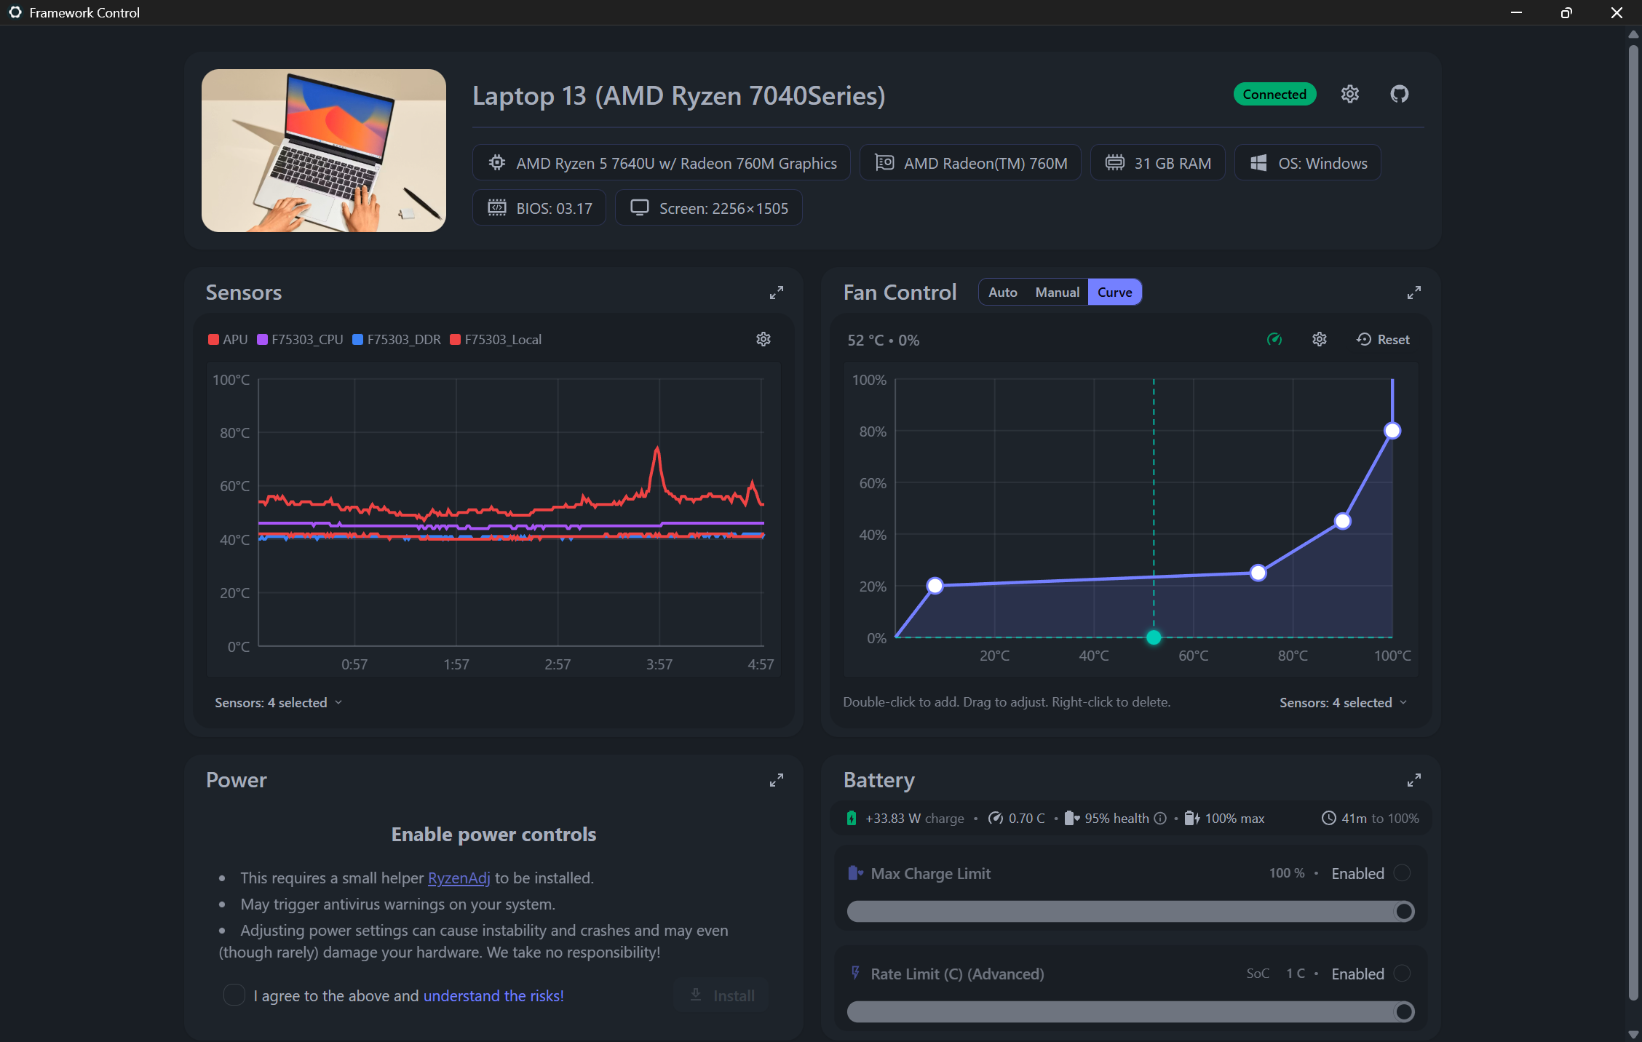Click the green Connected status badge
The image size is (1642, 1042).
[1274, 95]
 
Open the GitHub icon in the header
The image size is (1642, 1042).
[1399, 95]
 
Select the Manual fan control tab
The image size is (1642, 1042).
[1057, 293]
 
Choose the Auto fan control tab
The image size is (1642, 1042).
[1002, 293]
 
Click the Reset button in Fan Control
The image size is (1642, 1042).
[1384, 340]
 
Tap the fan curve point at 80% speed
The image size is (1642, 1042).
[1392, 431]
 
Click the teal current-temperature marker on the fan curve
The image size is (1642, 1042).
[1154, 638]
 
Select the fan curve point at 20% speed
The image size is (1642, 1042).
[935, 586]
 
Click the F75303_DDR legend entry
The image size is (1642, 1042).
[397, 340]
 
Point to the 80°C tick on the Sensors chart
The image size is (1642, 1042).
[234, 433]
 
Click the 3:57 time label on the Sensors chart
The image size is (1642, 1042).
[659, 664]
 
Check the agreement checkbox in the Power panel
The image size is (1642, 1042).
[234, 995]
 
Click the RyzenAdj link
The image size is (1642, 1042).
[459, 878]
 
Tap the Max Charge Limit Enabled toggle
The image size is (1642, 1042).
[1402, 873]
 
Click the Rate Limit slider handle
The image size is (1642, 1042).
[1404, 1011]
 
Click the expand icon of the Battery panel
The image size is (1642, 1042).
[1413, 781]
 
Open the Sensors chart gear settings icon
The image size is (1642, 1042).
[764, 340]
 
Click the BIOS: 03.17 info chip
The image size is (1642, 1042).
[539, 209]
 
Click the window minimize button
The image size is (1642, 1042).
[1516, 13]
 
